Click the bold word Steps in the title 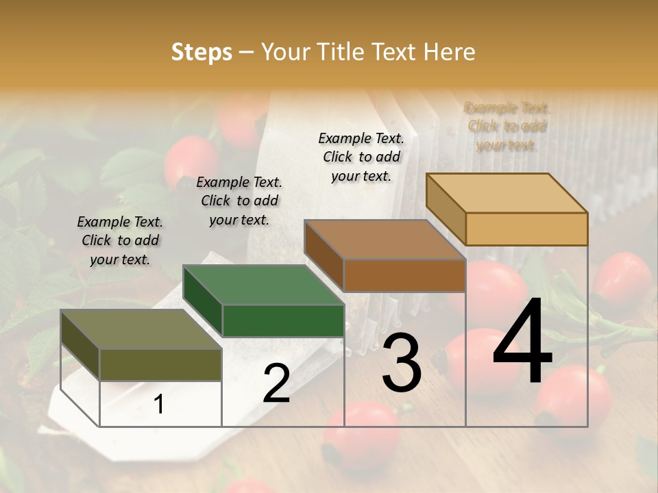[x=202, y=53]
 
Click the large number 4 [x=522, y=344]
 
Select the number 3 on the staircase [x=401, y=363]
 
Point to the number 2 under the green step [x=276, y=383]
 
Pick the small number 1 [x=158, y=405]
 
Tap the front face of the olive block [x=160, y=364]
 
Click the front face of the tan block [x=526, y=229]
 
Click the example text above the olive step [x=120, y=240]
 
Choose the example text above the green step [x=239, y=201]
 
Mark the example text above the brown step [x=361, y=157]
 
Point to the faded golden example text [x=507, y=126]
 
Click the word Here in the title [x=450, y=53]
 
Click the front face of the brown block [x=404, y=276]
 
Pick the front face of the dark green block [x=283, y=320]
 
